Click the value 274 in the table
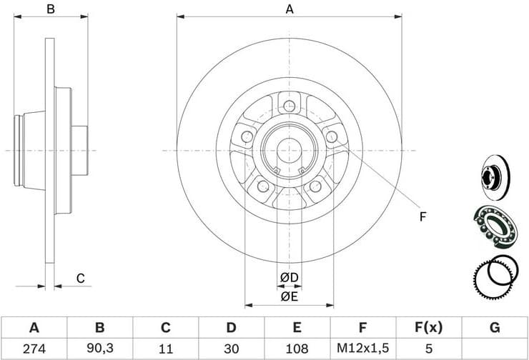(34, 349)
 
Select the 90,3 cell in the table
(100, 349)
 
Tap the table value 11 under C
(165, 349)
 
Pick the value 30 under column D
(231, 349)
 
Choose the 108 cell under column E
(297, 349)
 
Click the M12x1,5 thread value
(362, 349)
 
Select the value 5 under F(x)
(428, 349)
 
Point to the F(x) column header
(428, 328)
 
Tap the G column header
(494, 328)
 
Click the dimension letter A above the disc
(290, 9)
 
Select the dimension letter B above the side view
(50, 9)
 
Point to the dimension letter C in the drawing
(81, 278)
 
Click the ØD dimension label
(289, 276)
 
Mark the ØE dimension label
(289, 296)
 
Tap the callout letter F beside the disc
(422, 216)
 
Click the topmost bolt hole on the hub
(289, 107)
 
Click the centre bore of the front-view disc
(289, 151)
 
